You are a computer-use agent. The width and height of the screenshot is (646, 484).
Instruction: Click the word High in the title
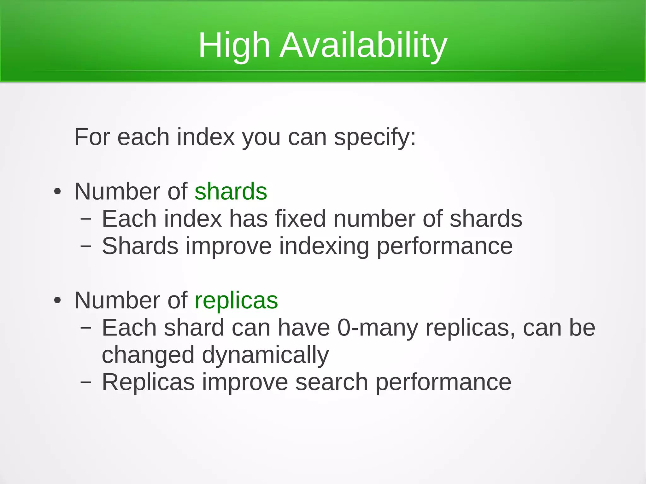(234, 46)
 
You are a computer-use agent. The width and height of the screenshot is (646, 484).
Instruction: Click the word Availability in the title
(363, 46)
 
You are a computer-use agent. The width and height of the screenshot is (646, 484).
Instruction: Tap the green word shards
(231, 191)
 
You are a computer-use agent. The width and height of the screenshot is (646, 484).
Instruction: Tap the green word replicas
(236, 300)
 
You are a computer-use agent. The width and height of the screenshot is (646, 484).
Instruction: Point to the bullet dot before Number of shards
(57, 192)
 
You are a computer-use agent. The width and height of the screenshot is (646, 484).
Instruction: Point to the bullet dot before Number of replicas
(57, 300)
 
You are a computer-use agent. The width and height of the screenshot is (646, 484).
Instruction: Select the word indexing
(324, 246)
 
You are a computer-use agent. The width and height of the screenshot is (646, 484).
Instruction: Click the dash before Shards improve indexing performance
(85, 246)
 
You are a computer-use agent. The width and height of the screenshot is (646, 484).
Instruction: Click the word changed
(148, 355)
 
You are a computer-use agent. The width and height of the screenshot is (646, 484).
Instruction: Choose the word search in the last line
(332, 382)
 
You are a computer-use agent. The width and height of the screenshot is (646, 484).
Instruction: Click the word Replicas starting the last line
(148, 382)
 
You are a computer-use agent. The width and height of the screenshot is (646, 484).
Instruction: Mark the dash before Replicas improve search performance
(85, 382)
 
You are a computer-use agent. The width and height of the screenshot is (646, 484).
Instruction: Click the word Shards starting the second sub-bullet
(140, 246)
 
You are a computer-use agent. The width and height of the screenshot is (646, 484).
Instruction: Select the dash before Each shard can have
(85, 328)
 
